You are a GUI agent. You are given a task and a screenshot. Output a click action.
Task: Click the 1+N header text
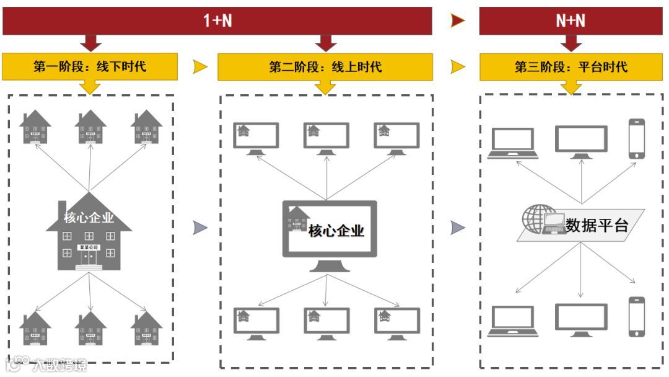[x=217, y=20]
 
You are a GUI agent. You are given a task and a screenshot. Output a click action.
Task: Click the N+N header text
[x=570, y=20]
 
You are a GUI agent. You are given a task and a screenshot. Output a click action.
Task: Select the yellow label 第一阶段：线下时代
[x=90, y=66]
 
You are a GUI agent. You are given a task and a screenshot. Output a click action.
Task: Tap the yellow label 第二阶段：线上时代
[x=325, y=66]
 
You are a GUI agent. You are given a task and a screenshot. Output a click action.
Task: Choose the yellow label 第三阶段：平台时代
[x=571, y=66]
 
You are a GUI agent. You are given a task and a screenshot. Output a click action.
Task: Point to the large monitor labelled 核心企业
[x=330, y=231]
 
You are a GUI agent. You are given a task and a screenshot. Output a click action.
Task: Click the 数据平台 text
[x=597, y=225]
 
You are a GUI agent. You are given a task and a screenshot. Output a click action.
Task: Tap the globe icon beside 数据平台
[x=535, y=218]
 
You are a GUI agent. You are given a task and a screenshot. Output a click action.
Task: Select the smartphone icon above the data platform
[x=636, y=138]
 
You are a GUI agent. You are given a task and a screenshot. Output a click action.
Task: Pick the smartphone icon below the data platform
[x=636, y=316]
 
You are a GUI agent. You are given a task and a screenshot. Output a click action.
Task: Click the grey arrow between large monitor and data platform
[x=457, y=228]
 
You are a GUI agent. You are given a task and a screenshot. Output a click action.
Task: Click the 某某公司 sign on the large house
[x=89, y=247]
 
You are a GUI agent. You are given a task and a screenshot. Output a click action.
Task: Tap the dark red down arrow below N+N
[x=571, y=43]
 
